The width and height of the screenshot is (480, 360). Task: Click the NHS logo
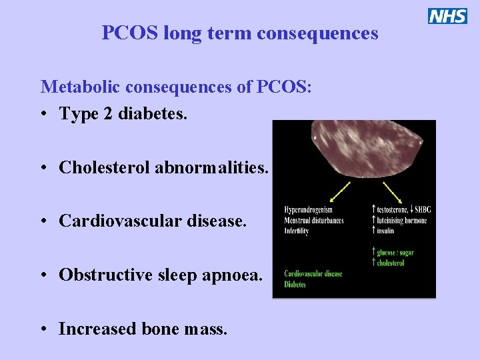(447, 16)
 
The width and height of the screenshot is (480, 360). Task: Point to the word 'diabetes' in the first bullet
(152, 114)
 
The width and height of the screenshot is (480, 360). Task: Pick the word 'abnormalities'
(211, 167)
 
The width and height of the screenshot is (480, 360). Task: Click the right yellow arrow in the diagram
(391, 191)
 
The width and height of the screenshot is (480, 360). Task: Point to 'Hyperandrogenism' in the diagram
(308, 210)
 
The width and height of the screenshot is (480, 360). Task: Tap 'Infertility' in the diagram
(297, 231)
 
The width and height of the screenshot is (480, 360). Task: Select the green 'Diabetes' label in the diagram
(295, 285)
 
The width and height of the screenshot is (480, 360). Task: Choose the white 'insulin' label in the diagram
(385, 231)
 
